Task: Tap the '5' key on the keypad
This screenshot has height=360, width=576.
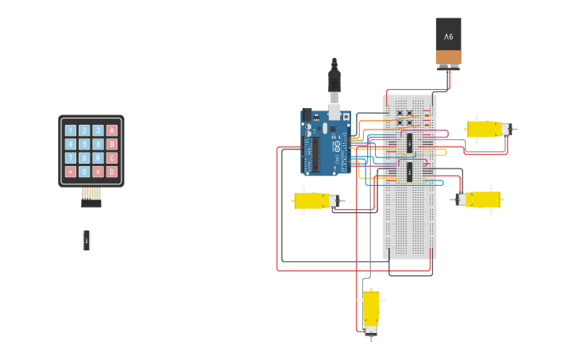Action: (x=84, y=144)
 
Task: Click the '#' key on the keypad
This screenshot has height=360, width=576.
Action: (x=98, y=171)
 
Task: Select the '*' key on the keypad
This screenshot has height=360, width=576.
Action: (x=71, y=171)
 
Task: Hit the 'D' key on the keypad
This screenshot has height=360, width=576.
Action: (x=111, y=171)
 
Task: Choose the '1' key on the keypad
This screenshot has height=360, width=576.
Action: (x=71, y=130)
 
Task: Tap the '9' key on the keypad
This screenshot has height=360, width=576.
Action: (x=98, y=157)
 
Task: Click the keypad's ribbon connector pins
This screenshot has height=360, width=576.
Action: (x=91, y=194)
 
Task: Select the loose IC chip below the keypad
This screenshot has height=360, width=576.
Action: (x=87, y=240)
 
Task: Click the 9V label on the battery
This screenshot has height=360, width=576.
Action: (x=448, y=37)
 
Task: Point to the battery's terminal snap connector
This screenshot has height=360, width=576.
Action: (x=448, y=68)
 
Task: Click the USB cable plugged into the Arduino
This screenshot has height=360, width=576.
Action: (x=334, y=83)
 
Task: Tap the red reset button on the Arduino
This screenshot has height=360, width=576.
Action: (x=346, y=117)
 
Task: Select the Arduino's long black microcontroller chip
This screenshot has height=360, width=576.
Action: (x=316, y=156)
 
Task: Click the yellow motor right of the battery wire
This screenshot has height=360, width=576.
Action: (x=485, y=129)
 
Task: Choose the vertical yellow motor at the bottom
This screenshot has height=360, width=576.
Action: (x=371, y=311)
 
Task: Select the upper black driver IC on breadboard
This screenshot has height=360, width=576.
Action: (x=409, y=143)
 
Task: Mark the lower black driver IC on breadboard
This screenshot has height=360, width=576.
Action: (x=409, y=172)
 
